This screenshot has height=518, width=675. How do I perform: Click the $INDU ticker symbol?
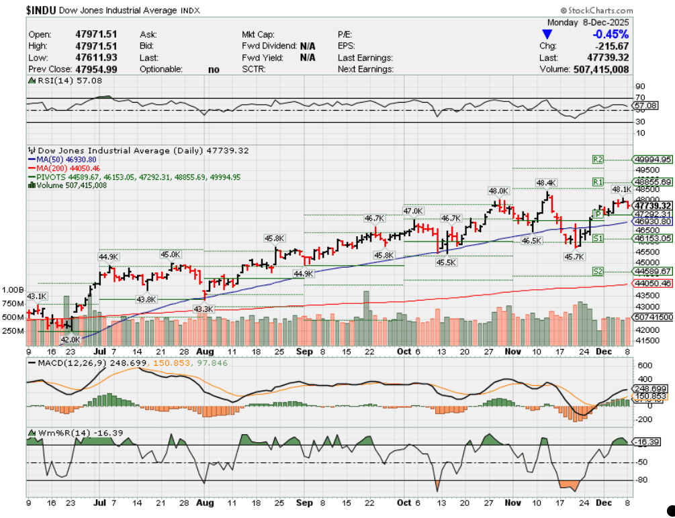click(x=41, y=11)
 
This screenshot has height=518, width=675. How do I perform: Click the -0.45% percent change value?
click(x=611, y=34)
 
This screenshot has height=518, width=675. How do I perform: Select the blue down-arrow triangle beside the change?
click(x=547, y=34)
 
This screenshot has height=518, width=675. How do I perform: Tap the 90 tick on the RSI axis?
click(x=640, y=86)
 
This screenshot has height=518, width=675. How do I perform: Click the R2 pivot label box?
click(x=598, y=159)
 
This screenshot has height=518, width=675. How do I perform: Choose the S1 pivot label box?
click(x=598, y=238)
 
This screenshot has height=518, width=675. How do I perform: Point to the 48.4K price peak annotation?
click(x=546, y=183)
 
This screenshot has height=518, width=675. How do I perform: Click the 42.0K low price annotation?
click(x=71, y=340)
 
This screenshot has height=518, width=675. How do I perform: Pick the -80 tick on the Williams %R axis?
click(x=641, y=480)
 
